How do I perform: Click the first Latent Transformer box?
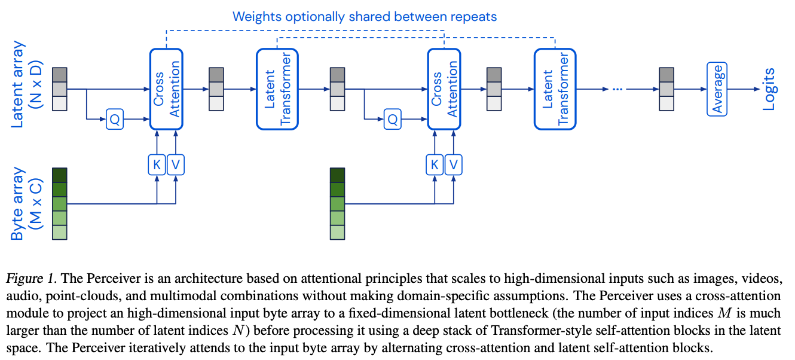coord(277,89)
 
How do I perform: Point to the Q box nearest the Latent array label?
coord(115,120)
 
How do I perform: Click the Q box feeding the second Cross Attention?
coord(393,120)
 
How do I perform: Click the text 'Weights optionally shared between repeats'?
coord(365,16)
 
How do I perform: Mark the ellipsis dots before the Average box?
coord(618,89)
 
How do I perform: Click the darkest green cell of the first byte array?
coord(60,175)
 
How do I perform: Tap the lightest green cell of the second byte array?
coord(338,232)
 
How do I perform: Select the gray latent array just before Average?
coord(666,89)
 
